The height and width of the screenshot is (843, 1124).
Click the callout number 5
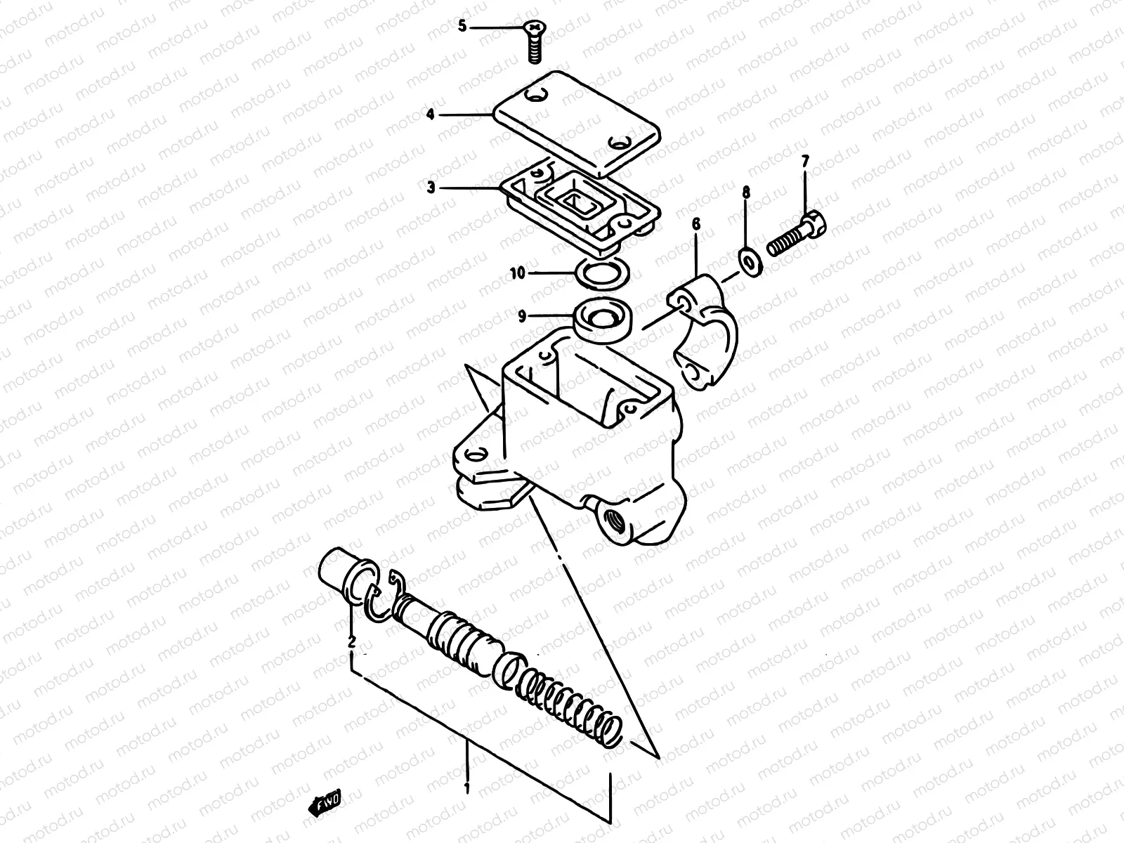tap(462, 27)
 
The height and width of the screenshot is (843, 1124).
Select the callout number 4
tap(430, 113)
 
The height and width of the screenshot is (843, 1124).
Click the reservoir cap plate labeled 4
tap(576, 122)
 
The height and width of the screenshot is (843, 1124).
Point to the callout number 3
tap(430, 188)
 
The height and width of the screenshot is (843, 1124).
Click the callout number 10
tap(518, 273)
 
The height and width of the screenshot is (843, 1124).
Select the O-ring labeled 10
tap(603, 274)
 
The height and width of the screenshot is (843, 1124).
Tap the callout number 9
tap(522, 318)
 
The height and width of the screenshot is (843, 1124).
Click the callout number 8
tap(746, 191)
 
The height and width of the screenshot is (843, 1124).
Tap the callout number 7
tap(805, 162)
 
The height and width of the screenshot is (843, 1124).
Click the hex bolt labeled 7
tap(797, 235)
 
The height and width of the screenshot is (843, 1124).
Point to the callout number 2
tap(352, 641)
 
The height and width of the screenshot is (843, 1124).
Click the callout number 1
tap(466, 788)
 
